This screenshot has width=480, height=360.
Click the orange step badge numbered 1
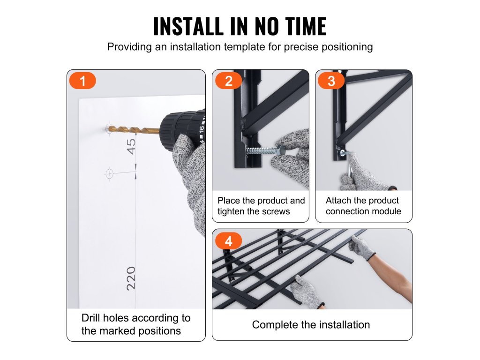pyautogui.click(x=82, y=81)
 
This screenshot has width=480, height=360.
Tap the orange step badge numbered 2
pyautogui.click(x=228, y=81)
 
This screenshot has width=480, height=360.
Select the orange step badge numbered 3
pyautogui.click(x=331, y=81)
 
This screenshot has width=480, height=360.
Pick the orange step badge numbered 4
pyautogui.click(x=228, y=241)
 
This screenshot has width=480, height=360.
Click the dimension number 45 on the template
pyautogui.click(x=131, y=146)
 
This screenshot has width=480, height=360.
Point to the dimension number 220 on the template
pyautogui.click(x=131, y=278)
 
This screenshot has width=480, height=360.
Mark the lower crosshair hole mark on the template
pyautogui.click(x=109, y=173)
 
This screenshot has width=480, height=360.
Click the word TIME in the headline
pyautogui.click(x=306, y=26)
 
